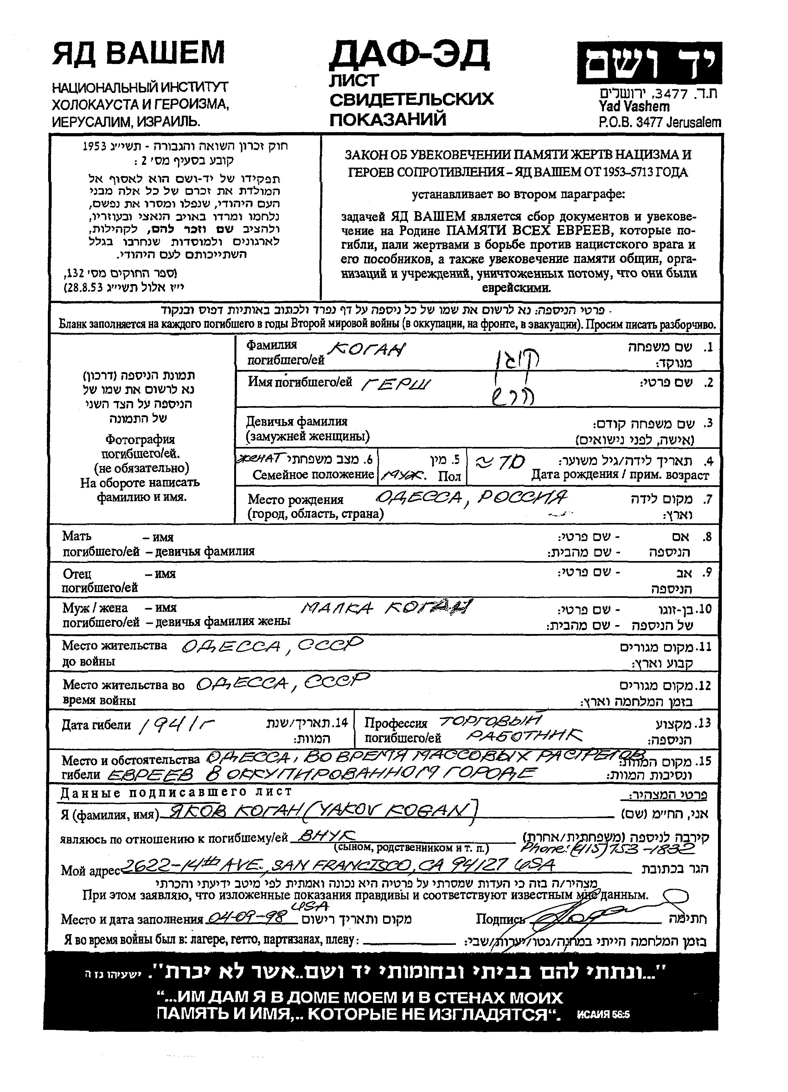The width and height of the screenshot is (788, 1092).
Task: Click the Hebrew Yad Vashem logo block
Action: point(649,63)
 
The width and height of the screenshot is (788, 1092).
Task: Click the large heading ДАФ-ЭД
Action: point(409,55)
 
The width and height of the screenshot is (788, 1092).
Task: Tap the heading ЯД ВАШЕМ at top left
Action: point(139,53)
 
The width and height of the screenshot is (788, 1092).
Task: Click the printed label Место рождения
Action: point(296,499)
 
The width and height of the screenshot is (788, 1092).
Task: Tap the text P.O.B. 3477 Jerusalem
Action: point(659,122)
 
